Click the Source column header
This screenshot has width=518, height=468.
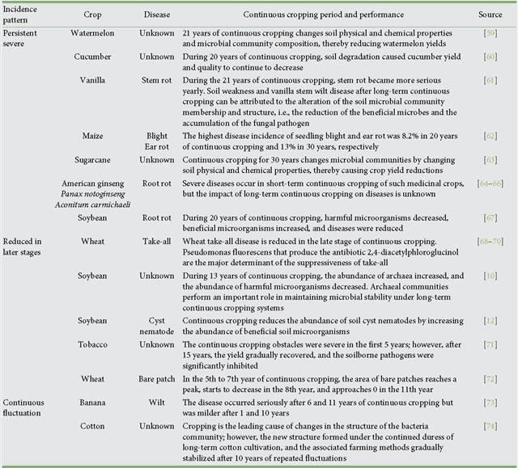pos(490,15)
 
